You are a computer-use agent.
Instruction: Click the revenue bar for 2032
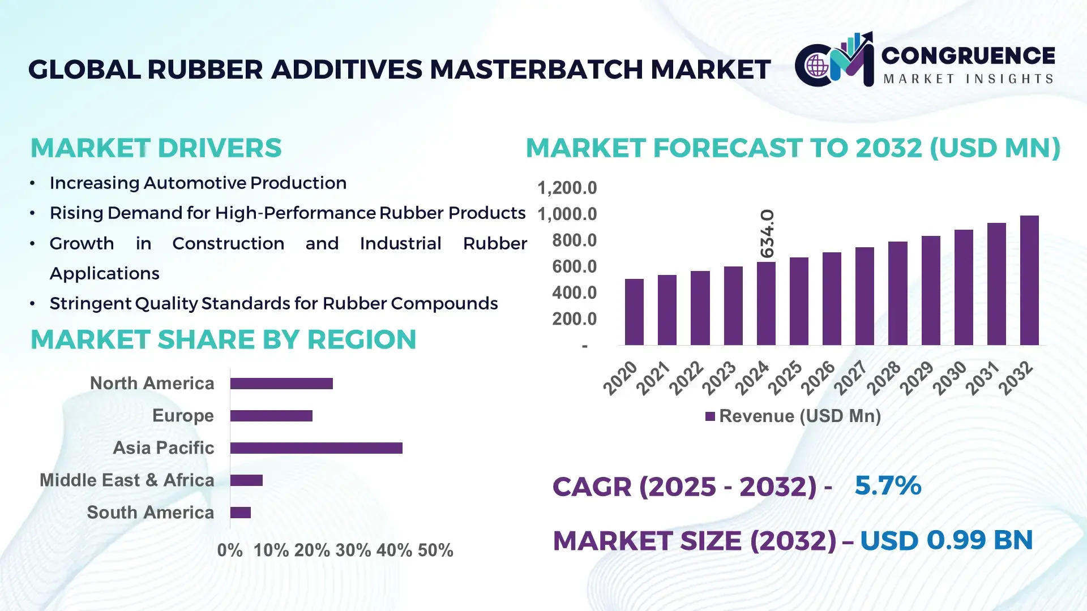[1029, 281]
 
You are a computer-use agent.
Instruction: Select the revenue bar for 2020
[634, 312]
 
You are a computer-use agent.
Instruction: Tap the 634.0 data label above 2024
[767, 233]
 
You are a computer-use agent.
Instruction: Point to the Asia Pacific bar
[316, 448]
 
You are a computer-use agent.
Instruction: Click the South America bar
[240, 513]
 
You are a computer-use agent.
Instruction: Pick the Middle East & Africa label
[127, 480]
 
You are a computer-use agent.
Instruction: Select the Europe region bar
[271, 416]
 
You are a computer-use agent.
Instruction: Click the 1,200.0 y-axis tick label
[567, 188]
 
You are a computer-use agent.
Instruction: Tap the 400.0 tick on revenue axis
[574, 292]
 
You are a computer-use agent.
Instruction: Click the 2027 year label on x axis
[850, 377]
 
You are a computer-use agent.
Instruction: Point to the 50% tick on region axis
[435, 550]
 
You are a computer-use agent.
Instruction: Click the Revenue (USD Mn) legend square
[710, 416]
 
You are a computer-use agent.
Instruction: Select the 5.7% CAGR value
[887, 485]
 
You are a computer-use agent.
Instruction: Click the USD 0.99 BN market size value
[946, 540]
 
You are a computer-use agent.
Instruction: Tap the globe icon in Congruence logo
[817, 66]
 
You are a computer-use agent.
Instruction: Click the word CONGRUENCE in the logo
[968, 55]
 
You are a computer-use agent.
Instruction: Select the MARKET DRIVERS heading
[156, 148]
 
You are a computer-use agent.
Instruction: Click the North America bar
[281, 384]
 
